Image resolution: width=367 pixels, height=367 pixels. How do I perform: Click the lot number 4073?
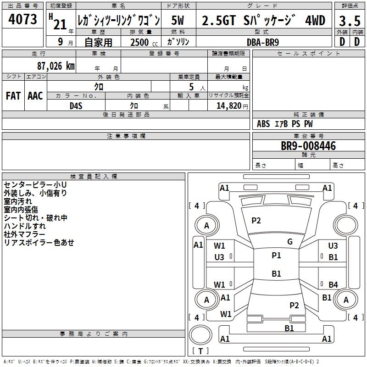(23, 20)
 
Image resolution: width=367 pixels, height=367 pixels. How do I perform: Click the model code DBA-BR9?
(262, 41)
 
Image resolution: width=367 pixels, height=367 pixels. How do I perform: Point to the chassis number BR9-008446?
(308, 146)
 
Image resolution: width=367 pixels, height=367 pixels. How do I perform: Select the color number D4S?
(76, 106)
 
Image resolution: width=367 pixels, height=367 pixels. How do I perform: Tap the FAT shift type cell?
(13, 96)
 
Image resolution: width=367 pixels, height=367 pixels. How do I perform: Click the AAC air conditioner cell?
(35, 96)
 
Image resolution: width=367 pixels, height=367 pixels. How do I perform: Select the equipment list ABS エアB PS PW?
(285, 124)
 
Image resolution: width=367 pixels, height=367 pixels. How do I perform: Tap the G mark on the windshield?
(289, 242)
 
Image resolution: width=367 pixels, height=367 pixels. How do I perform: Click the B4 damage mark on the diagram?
(333, 284)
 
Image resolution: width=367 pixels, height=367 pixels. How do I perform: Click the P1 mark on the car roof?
(276, 256)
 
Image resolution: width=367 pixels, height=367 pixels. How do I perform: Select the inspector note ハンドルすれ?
(25, 226)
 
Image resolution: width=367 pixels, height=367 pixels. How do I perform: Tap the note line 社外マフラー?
(28, 234)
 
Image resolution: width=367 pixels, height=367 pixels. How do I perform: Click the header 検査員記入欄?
(94, 177)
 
